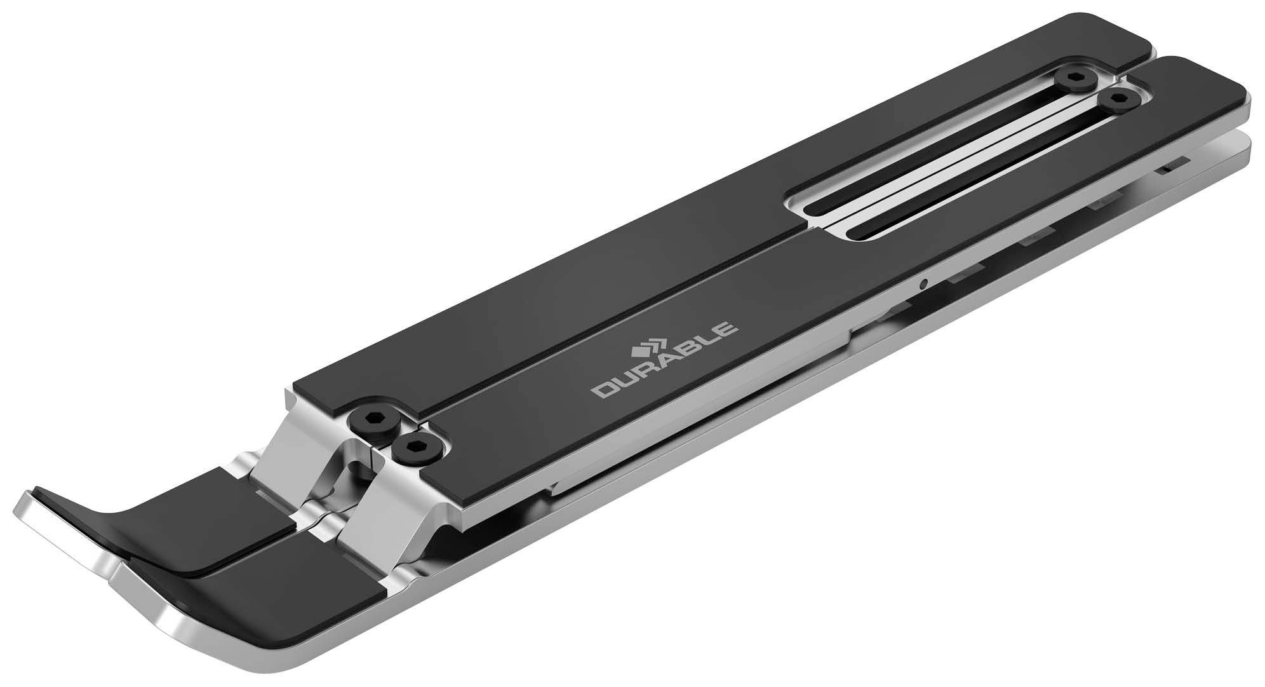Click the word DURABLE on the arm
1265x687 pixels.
[x=664, y=361]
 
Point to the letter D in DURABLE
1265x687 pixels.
[x=601, y=390]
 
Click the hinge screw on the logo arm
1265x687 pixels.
[x=415, y=449]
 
